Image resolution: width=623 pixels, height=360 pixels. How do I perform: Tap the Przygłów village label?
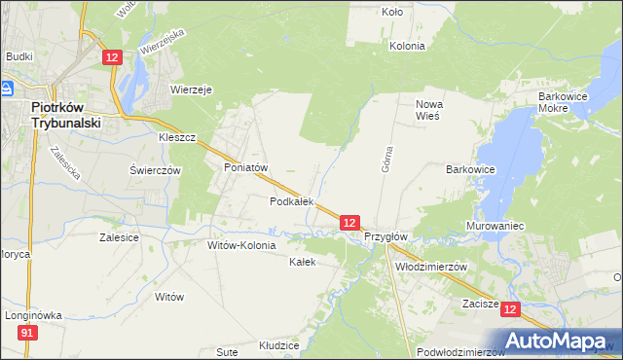point(385,236)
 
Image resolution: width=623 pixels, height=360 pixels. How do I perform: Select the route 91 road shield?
point(28,334)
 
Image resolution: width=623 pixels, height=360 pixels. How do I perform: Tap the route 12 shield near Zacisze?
point(512,307)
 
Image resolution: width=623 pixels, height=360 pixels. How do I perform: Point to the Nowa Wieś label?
point(428,109)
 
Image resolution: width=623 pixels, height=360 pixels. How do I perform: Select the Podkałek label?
point(291,201)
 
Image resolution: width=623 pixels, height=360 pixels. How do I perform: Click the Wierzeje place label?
point(192,89)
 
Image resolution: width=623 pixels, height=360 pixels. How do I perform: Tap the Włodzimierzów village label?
point(432,266)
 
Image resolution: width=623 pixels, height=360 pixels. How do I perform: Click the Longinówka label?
point(32,315)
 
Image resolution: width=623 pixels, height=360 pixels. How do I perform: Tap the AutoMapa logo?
point(559,341)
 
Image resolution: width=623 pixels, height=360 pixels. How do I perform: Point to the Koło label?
point(392,13)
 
